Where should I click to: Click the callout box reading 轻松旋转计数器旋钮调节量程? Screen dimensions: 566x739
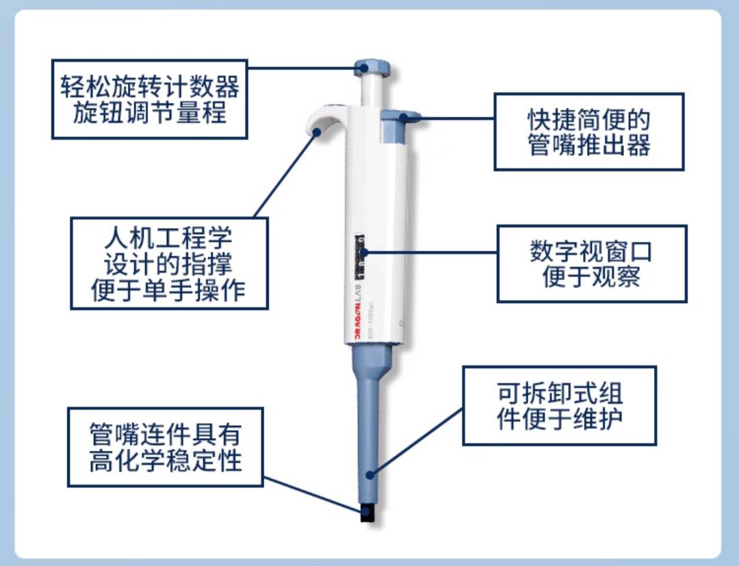tap(150, 99)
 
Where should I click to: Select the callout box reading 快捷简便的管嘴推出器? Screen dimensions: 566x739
tap(588, 132)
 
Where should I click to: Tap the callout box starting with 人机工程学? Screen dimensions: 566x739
tap(169, 263)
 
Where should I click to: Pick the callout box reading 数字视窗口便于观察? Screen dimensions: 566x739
tap(591, 263)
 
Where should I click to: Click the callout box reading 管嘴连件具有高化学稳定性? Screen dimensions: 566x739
tap(165, 447)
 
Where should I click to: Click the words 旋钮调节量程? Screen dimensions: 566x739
tap(150, 112)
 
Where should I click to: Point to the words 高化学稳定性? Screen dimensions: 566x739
tap(165, 461)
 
